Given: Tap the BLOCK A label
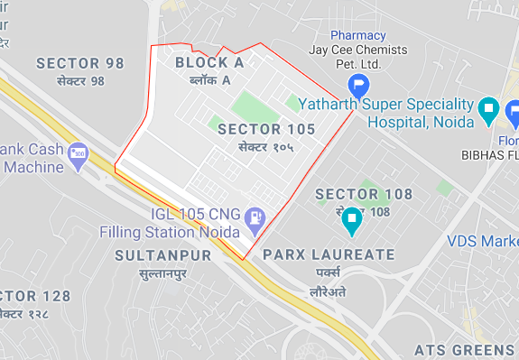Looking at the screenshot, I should click(209, 62).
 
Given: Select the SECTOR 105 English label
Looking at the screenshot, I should click(266, 129).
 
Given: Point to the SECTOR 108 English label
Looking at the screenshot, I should click(363, 194).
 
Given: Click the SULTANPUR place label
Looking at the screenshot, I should click(162, 255).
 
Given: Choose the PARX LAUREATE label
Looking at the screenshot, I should click(329, 254).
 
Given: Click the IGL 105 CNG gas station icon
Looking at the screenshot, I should click(256, 217).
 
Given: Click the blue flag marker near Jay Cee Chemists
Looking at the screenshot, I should click(359, 88).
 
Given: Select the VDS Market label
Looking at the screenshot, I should click(483, 241).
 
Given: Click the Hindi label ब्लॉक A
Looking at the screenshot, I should click(209, 80).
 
